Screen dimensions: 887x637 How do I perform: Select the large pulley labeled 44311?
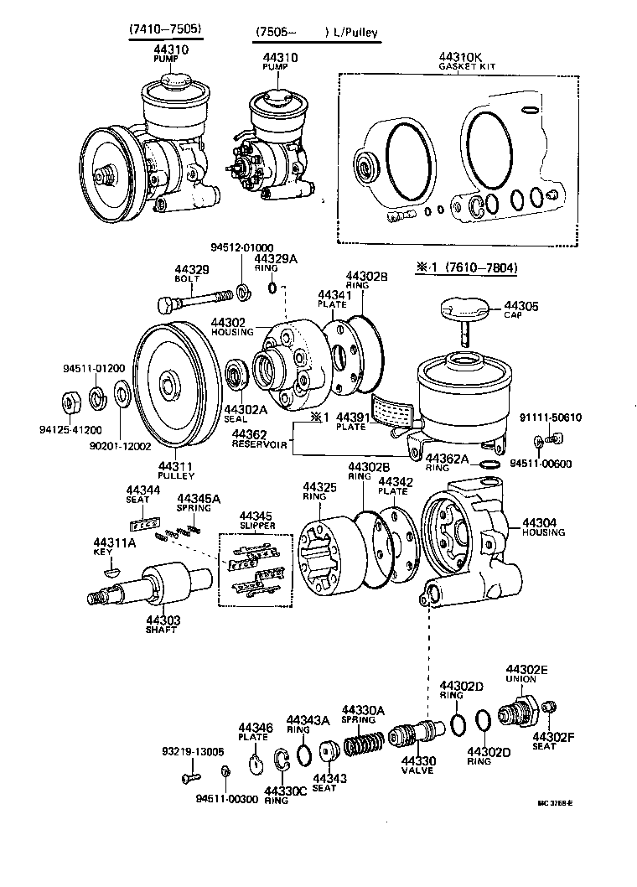(x=173, y=387)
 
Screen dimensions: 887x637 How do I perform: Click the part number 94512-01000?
(x=241, y=247)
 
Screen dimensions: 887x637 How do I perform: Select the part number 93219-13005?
(x=193, y=751)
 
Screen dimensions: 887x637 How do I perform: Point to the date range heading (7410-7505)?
(x=165, y=31)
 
